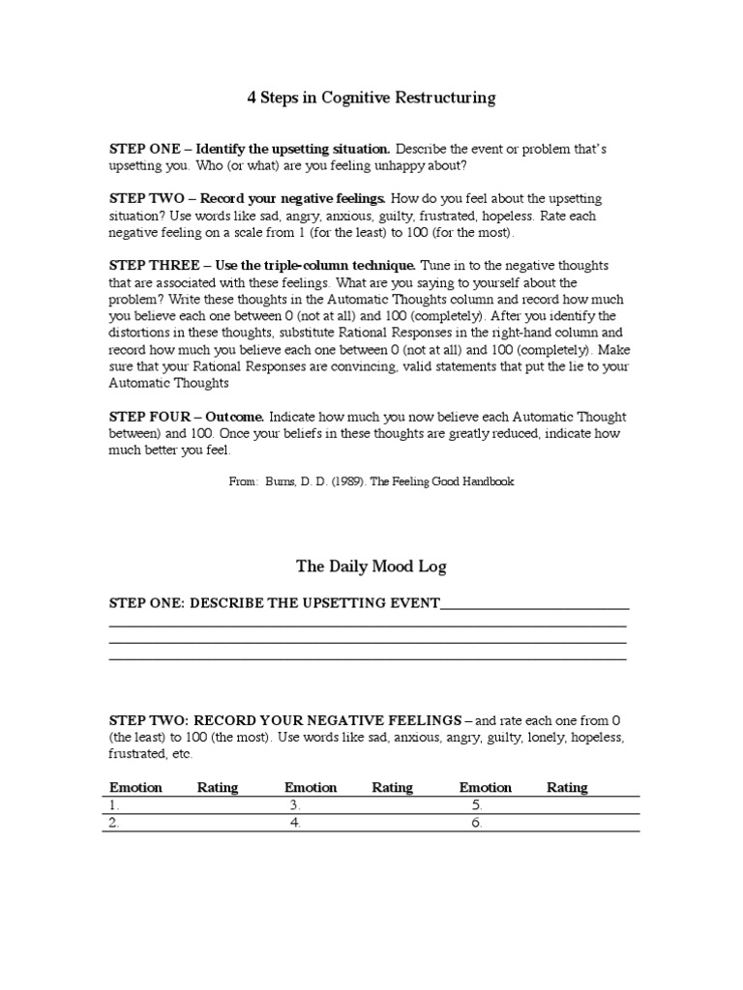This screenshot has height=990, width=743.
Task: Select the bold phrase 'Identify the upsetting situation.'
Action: pyautogui.click(x=293, y=150)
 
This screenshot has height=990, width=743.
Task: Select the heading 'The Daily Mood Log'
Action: pyautogui.click(x=371, y=567)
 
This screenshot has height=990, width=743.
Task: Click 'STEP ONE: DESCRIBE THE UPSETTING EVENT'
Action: pyautogui.click(x=275, y=604)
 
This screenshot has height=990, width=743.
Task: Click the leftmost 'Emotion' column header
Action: pyautogui.click(x=135, y=787)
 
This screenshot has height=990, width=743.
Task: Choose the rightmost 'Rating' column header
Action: pyautogui.click(x=567, y=787)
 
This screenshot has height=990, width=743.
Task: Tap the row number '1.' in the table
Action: pyautogui.click(x=114, y=805)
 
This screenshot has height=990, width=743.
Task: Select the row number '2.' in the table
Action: pyautogui.click(x=114, y=824)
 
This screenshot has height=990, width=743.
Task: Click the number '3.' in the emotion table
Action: pyautogui.click(x=294, y=805)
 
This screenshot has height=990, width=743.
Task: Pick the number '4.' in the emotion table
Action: pyautogui.click(x=294, y=824)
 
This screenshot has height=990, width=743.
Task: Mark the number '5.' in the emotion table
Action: pyautogui.click(x=476, y=805)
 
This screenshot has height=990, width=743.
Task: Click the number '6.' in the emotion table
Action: pyautogui.click(x=476, y=824)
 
